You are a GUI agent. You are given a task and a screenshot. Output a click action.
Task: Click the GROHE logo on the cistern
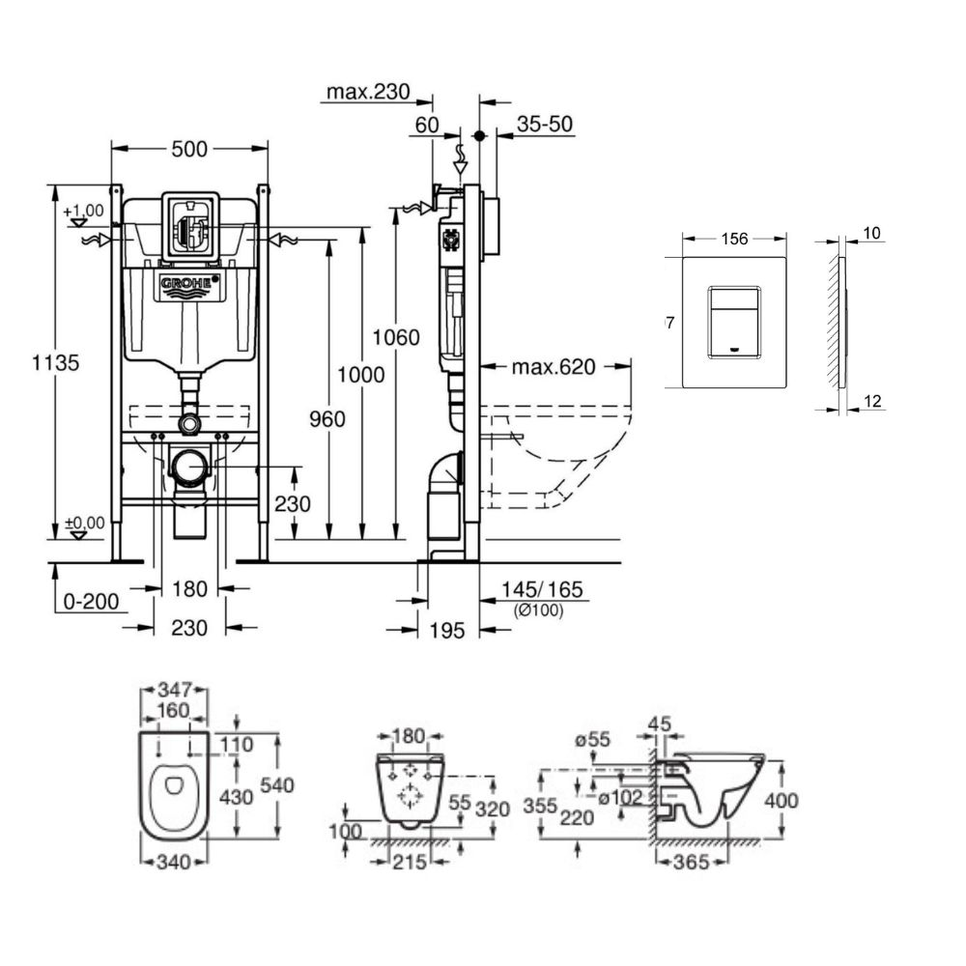point(189,284)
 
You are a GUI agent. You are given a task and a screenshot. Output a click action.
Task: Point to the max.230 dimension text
point(367,93)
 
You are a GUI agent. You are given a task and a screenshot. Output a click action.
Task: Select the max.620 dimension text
point(554,366)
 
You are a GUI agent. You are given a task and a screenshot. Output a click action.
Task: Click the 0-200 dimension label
point(91,602)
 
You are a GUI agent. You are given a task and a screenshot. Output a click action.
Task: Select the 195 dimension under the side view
point(447,630)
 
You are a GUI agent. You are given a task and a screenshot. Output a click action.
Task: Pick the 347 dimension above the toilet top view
point(174,692)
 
